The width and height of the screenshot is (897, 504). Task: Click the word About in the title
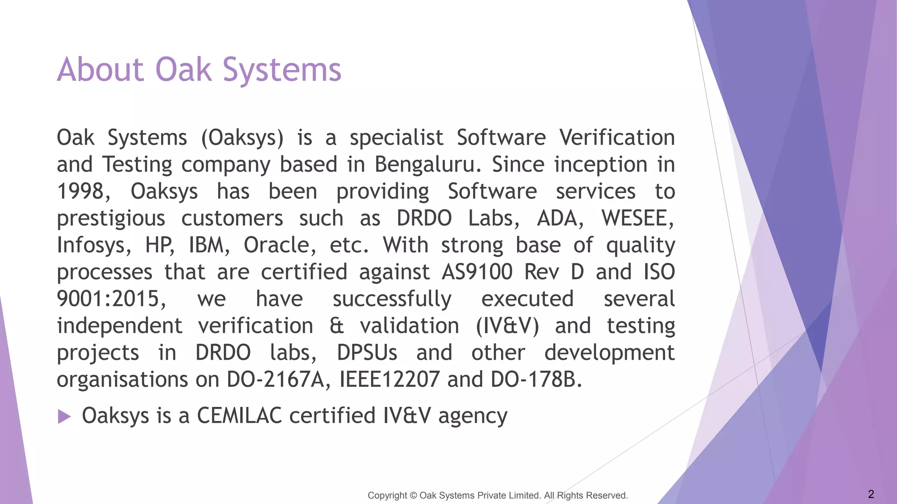point(100,70)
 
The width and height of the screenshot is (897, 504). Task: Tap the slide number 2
point(871,494)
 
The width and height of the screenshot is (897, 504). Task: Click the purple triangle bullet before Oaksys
point(64,416)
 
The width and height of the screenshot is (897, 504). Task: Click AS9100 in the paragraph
point(477,272)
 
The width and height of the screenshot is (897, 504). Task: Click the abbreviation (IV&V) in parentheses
point(507,326)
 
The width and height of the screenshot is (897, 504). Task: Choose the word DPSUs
point(367,353)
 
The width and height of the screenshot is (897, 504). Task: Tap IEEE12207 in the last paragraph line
point(389,380)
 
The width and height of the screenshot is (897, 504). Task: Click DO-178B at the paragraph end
point(536,380)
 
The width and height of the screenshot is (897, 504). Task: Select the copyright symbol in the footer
point(413,495)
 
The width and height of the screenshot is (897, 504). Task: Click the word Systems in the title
point(282,70)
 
